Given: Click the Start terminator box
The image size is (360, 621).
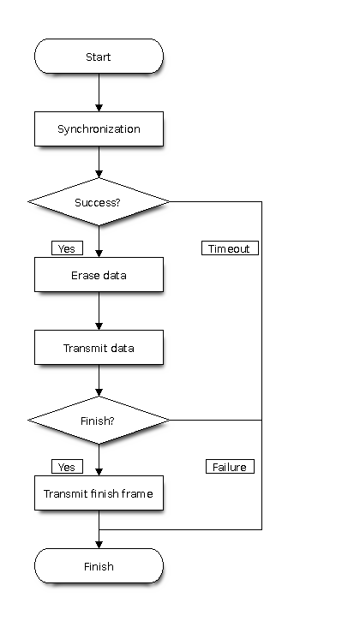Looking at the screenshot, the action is (x=99, y=57).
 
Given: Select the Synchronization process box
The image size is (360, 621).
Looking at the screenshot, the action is (x=99, y=128).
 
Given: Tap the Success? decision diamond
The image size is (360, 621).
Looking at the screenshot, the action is (x=99, y=201).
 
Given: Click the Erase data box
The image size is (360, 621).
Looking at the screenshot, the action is (x=99, y=274).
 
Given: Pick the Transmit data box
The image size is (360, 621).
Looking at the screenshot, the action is (x=99, y=348).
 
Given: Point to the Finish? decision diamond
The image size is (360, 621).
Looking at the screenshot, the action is (x=99, y=421).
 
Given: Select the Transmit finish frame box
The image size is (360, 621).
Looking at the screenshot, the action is (x=99, y=493).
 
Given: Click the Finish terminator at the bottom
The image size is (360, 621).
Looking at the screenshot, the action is (x=99, y=566).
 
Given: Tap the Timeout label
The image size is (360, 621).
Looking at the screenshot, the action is (x=230, y=248).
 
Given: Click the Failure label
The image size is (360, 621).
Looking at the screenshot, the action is (x=230, y=467).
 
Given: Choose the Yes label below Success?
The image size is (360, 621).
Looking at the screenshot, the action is (x=67, y=248).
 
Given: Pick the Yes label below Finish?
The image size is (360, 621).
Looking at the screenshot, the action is (x=67, y=467).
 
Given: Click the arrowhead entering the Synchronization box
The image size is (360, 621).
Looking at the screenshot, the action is (x=99, y=108).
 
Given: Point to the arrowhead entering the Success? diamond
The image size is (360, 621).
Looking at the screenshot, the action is (x=99, y=174).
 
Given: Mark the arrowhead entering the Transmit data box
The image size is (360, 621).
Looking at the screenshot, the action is (x=99, y=326).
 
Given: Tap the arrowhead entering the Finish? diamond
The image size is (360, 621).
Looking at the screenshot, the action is (x=99, y=393).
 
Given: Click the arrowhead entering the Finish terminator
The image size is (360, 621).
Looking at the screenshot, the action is (x=99, y=546).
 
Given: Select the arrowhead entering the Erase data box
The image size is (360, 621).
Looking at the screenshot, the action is (x=99, y=254).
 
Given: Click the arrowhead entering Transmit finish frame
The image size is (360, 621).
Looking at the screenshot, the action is (x=99, y=473).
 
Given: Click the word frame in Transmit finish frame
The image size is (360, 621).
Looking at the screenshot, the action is (x=137, y=493).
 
